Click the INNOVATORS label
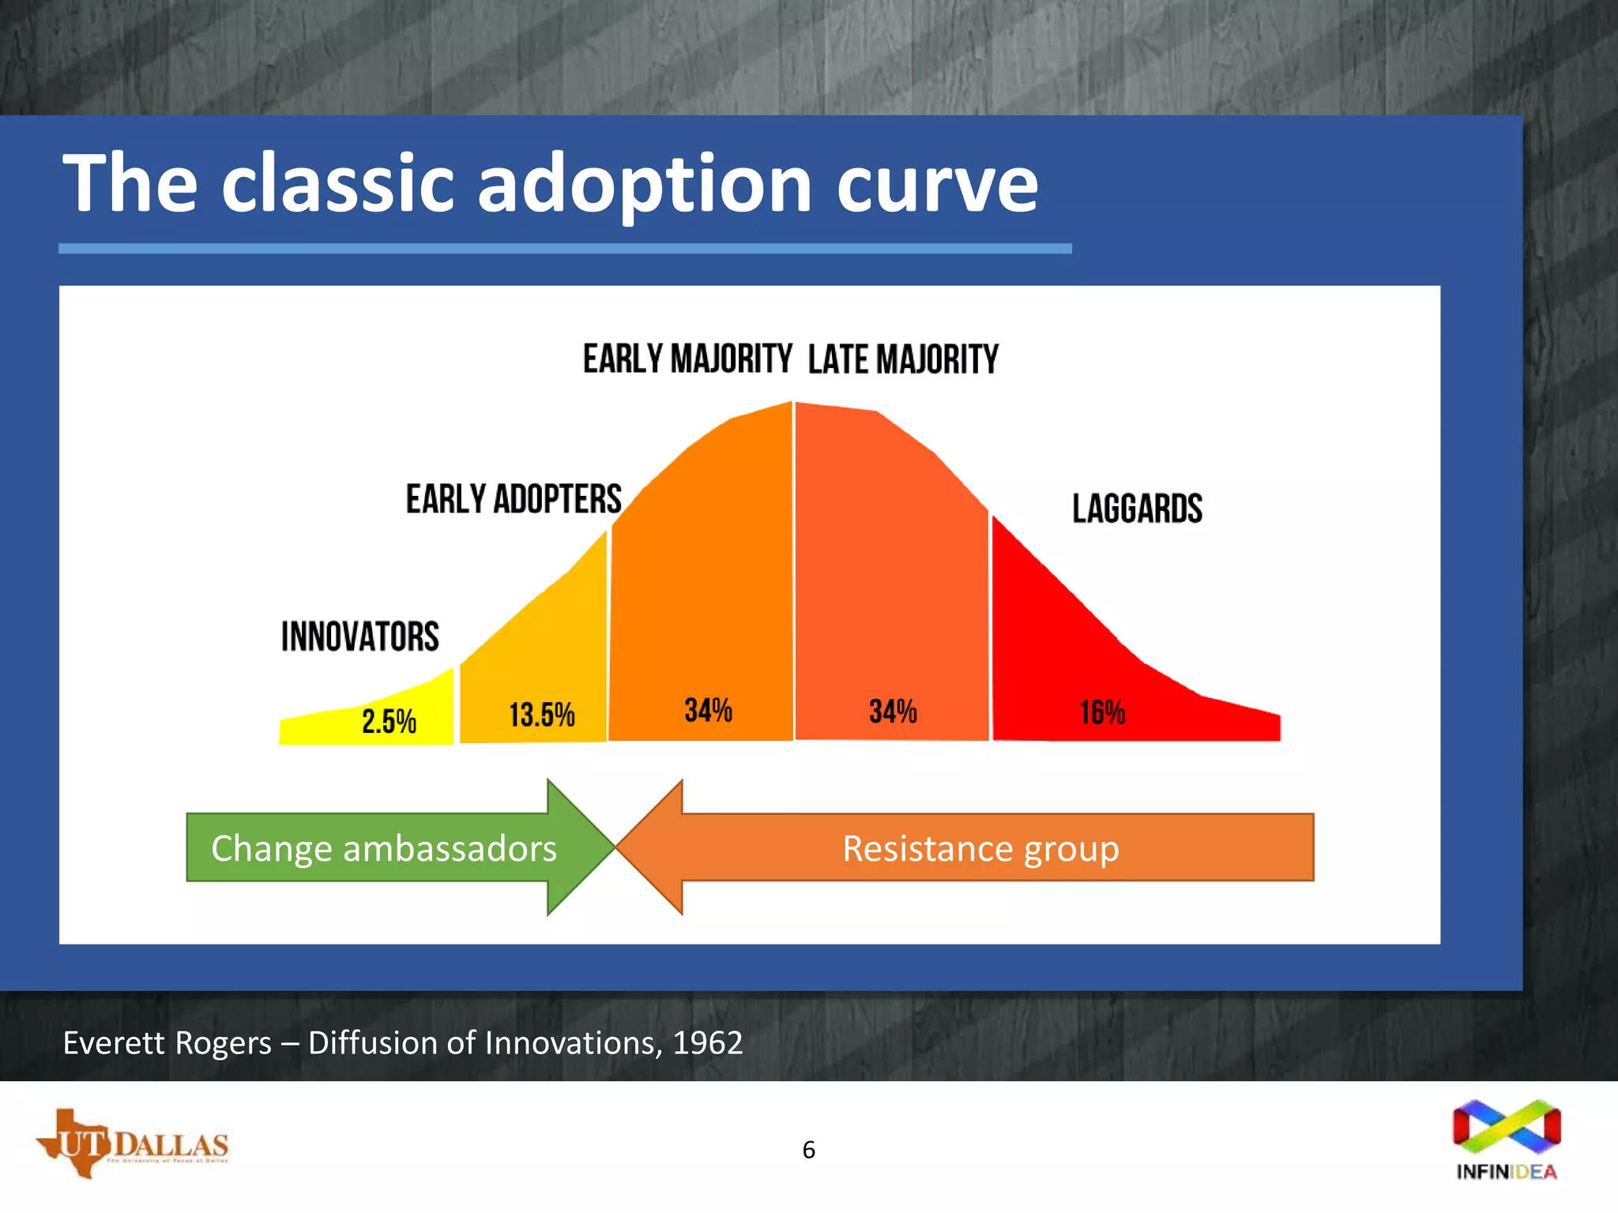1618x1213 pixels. pos(360,637)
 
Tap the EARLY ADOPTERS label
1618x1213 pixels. pos(514,499)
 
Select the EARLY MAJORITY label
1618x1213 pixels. pos(687,359)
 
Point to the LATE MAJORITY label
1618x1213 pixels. pos(903,360)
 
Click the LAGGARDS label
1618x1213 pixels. pos(1137,509)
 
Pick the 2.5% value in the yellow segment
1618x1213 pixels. pos(389,721)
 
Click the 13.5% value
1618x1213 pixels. pos(541,715)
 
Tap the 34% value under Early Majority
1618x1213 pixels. pos(708,710)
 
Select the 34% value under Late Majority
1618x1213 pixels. pos(893,711)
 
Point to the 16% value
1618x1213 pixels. pos(1102,712)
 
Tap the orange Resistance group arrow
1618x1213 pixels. pos(980,848)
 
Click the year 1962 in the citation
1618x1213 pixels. pos(708,1043)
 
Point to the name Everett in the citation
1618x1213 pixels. pos(115,1043)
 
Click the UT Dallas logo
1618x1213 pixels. pos(133,1144)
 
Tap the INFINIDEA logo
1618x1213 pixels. pos(1507,1138)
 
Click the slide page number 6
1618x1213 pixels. pos(808,1150)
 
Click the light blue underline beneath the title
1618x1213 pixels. pos(565,249)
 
